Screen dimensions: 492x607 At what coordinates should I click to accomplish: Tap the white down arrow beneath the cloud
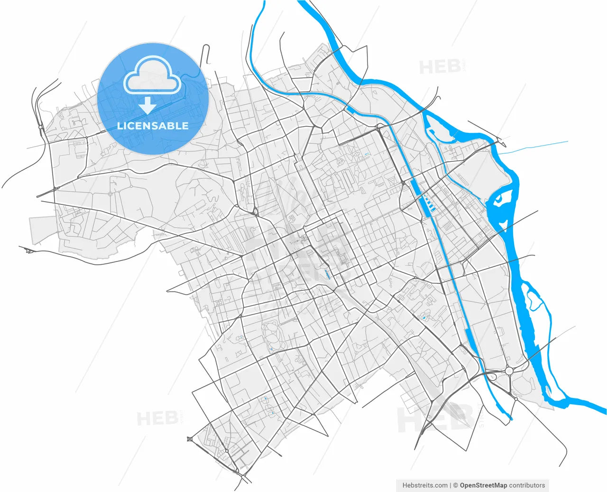point(148,105)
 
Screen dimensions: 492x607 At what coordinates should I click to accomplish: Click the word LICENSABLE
point(153,126)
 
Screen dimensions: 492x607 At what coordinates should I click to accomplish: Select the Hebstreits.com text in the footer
point(425,485)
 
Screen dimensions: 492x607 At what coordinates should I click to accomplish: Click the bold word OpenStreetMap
point(483,485)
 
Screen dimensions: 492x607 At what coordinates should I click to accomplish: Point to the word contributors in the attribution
point(527,485)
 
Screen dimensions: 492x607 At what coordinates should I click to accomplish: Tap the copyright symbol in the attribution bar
point(455,485)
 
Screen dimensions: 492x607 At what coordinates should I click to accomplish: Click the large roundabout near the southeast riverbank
point(510,371)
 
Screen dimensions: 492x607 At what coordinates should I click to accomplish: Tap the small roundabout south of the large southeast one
point(516,399)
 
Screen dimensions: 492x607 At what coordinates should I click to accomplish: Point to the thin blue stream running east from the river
point(536,147)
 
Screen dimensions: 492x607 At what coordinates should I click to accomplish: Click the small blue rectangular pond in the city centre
point(327,274)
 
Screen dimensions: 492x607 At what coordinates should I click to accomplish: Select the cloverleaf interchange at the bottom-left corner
point(191,439)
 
